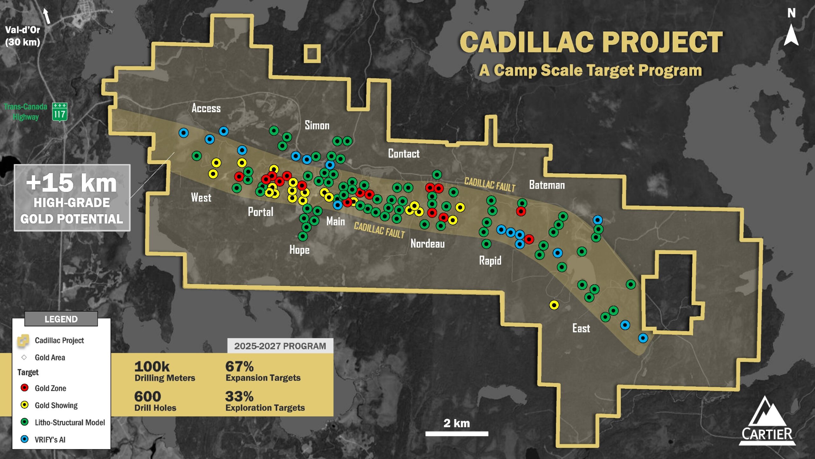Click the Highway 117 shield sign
tap(60, 112)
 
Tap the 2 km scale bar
tap(457, 433)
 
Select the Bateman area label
tap(547, 185)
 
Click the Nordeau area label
tap(427, 244)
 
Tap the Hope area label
tap(299, 250)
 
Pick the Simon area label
tap(317, 125)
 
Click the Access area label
tap(206, 108)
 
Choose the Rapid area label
tap(490, 261)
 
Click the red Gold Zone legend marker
tap(25, 388)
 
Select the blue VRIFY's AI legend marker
tap(25, 439)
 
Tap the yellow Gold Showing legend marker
tap(25, 405)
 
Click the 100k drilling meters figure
tap(152, 367)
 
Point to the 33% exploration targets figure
tap(239, 397)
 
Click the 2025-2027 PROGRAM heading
tap(280, 346)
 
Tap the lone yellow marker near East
tap(554, 305)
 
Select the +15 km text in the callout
tap(72, 183)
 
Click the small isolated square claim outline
tap(312, 53)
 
